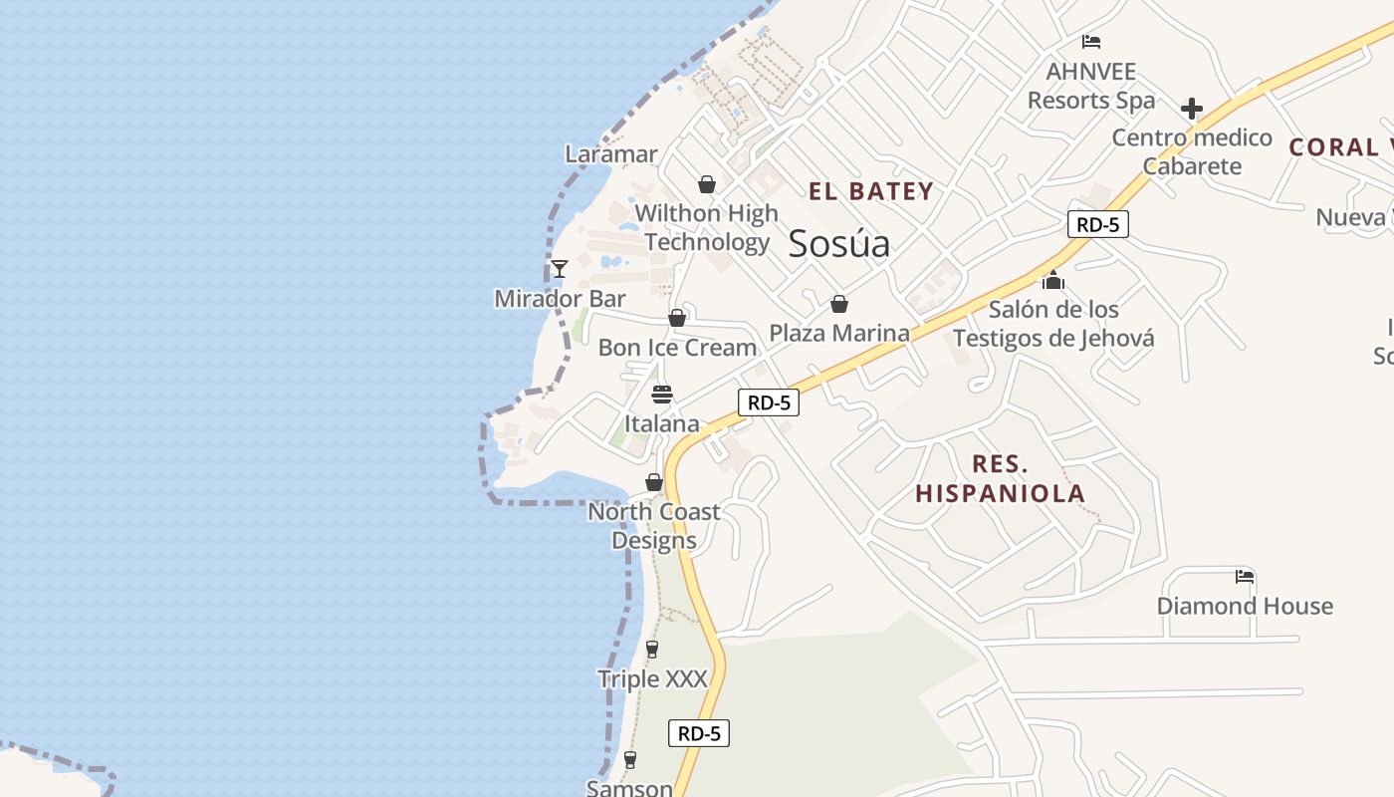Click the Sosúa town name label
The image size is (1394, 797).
tap(838, 244)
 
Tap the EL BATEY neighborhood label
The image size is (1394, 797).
tap(870, 191)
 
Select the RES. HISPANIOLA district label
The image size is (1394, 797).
tap(1000, 478)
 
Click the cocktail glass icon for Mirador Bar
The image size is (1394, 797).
tap(560, 268)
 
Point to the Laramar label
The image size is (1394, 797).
tap(611, 154)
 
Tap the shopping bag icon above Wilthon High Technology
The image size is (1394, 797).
tap(707, 184)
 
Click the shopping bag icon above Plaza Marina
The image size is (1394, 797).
tap(839, 304)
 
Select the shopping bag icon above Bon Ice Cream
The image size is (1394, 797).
tap(677, 318)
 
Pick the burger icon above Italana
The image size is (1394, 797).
tap(662, 395)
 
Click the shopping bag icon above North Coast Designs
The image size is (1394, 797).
tap(654, 482)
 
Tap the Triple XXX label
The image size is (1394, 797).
tap(652, 679)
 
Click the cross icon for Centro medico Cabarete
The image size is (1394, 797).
tap(1192, 109)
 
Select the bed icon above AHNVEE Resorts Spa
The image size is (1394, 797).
tap(1091, 42)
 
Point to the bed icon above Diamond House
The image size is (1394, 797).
tap(1244, 576)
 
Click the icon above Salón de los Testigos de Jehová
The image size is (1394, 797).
tap(1053, 281)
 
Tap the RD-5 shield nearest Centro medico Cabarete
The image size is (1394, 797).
tap(1097, 224)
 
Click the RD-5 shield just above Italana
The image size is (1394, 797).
tap(769, 402)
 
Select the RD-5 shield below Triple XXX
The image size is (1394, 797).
tap(699, 733)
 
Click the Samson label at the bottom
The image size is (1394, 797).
tap(629, 788)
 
